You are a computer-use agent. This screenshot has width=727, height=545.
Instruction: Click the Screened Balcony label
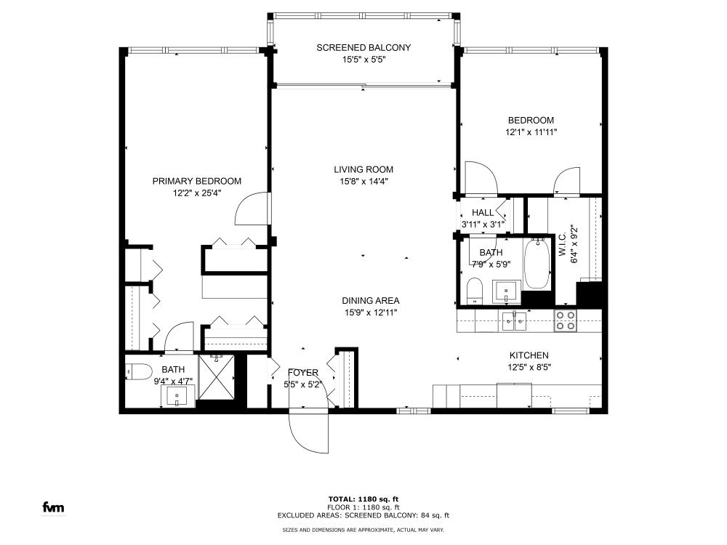coord(363,47)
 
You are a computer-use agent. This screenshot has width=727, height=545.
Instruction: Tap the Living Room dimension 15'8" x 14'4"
coord(363,181)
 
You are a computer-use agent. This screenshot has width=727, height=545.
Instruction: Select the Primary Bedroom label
coord(196,181)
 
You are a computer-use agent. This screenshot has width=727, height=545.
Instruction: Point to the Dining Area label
coord(371,301)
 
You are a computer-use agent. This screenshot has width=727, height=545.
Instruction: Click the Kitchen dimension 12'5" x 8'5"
coord(529,368)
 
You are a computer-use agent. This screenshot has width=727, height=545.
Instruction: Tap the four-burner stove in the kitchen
coord(566,320)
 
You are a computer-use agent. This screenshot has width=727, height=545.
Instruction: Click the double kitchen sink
coord(514,321)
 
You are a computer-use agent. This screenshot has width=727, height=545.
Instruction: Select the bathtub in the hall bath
coord(537,264)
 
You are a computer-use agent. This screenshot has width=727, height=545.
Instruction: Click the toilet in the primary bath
coord(139,371)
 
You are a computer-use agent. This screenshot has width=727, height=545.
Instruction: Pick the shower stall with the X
coord(217,376)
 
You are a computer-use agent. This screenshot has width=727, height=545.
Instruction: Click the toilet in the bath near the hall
coord(474,291)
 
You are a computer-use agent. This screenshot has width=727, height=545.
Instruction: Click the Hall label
coord(483,213)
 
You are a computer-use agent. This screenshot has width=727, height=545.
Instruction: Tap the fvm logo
coord(53,507)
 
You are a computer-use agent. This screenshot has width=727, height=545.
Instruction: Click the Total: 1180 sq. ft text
coord(363,499)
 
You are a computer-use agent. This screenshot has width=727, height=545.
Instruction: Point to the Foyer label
coord(302,373)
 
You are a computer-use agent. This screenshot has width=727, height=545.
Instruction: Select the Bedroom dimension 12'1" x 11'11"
coord(531,132)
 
